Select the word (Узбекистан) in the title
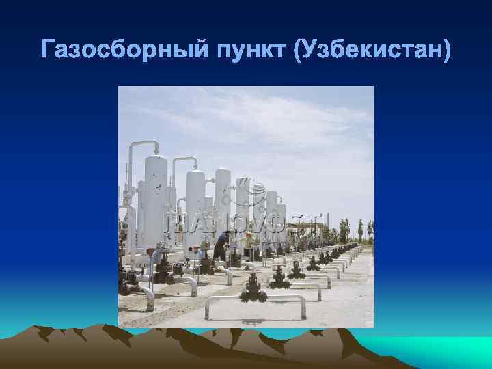click(372, 50)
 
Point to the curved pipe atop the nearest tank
click(143, 145)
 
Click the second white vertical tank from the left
click(195, 205)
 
